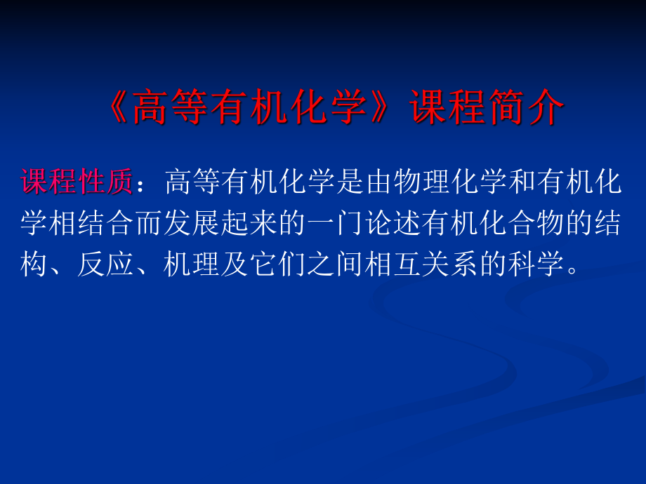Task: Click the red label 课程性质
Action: (x=77, y=183)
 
